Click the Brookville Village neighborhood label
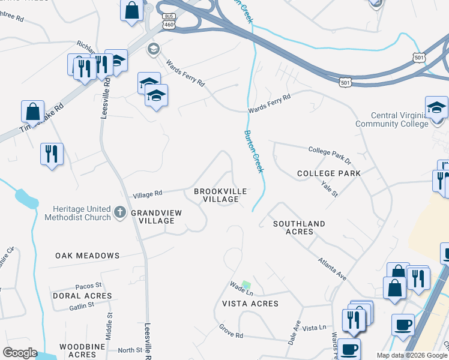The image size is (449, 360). [x=220, y=195]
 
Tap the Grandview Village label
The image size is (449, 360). [x=152, y=217]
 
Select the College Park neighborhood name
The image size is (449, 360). [x=329, y=173]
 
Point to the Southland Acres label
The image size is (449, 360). [x=299, y=227]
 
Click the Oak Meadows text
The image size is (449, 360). [x=88, y=256]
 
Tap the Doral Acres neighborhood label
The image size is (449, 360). [x=82, y=296]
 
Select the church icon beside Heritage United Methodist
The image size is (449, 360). [x=120, y=211]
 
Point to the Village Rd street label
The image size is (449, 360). [x=147, y=193]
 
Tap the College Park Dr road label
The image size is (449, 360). [x=329, y=154]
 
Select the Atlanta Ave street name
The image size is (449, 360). [x=332, y=268]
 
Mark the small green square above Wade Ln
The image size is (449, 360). [x=246, y=284]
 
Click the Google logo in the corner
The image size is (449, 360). [x=19, y=353]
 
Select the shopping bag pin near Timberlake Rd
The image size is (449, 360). [x=33, y=112]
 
